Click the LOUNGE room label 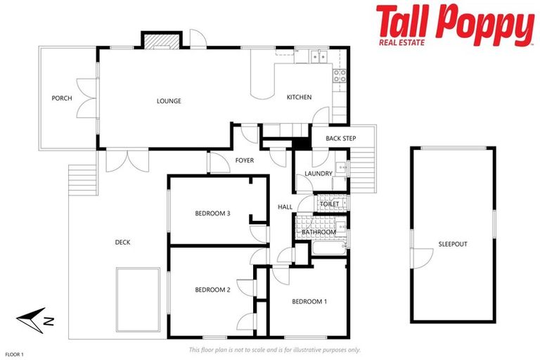169,101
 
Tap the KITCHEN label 299,97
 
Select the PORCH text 62,98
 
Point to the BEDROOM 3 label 212,214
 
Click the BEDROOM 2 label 212,290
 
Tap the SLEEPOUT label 453,244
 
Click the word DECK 122,243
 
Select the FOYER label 244,161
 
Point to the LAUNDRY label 319,173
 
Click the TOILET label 329,204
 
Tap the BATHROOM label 319,232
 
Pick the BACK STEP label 340,139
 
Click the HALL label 284,207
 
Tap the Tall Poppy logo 455,27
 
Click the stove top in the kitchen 339,74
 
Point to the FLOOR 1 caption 15,354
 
